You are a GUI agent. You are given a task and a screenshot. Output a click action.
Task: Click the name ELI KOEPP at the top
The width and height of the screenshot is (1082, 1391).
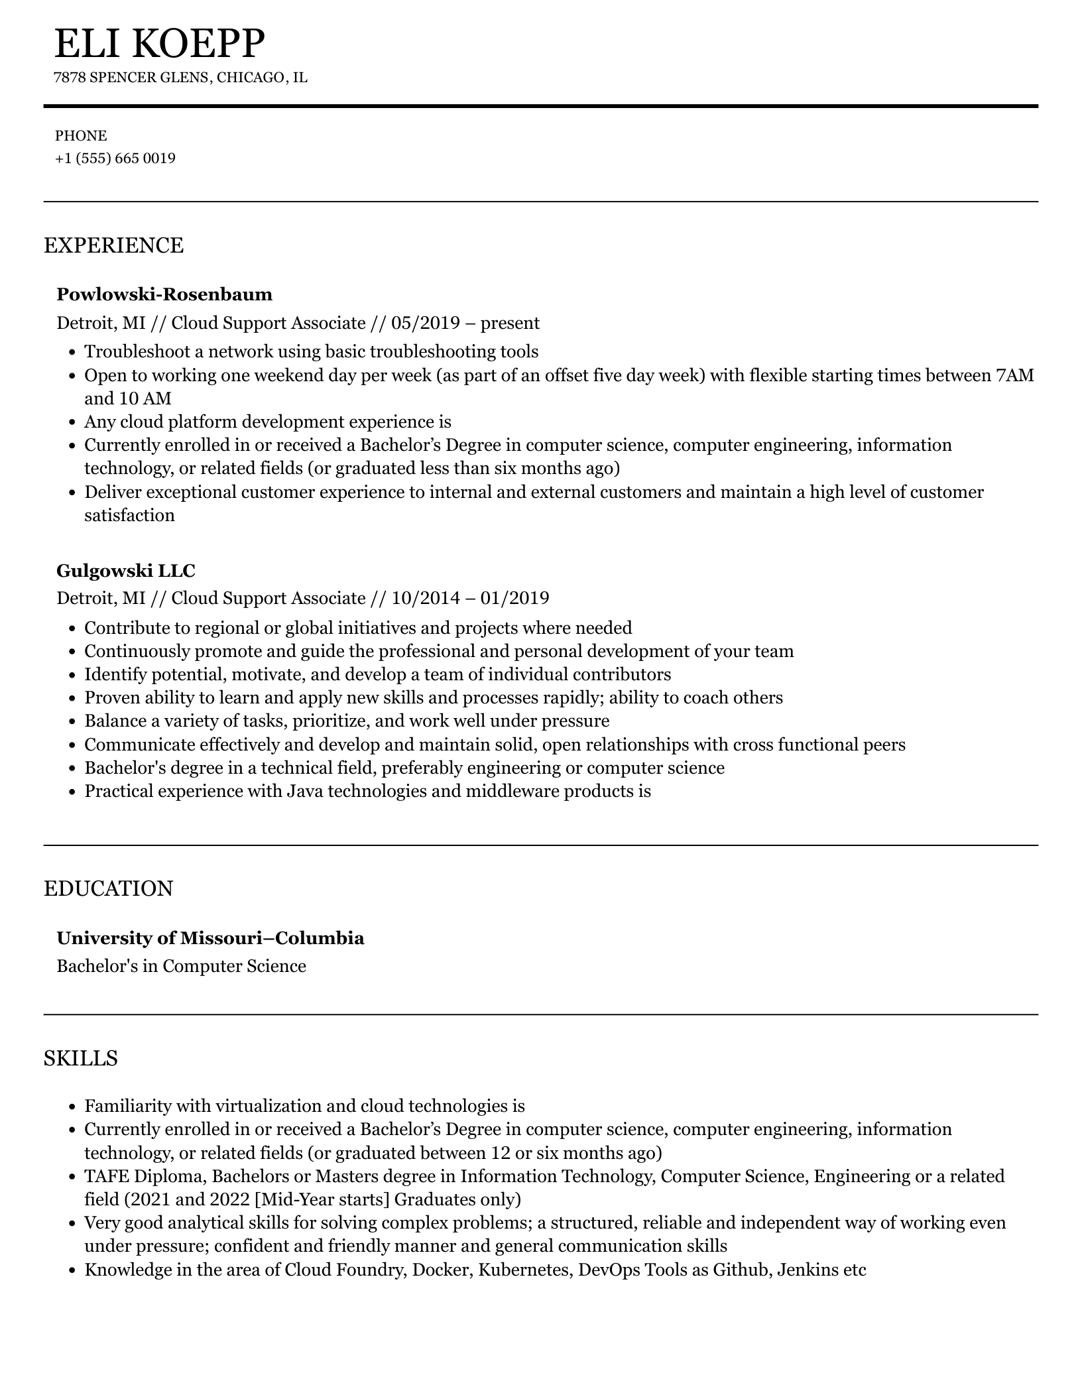click(159, 44)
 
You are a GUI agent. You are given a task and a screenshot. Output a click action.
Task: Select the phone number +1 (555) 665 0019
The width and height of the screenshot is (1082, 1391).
click(115, 158)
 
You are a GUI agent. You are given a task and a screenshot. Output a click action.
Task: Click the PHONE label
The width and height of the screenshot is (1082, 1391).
click(81, 136)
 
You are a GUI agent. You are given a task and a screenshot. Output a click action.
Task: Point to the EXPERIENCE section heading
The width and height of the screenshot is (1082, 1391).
click(113, 245)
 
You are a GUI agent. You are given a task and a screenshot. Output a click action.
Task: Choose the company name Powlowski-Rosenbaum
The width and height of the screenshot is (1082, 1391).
click(164, 294)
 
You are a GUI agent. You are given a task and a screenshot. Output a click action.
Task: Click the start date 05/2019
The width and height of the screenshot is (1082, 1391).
click(425, 323)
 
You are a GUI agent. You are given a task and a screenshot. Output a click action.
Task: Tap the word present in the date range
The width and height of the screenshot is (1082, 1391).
click(510, 323)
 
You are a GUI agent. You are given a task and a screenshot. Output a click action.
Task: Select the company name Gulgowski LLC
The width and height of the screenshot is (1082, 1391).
click(126, 570)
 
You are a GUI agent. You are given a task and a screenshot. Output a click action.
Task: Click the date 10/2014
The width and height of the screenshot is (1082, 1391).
click(425, 598)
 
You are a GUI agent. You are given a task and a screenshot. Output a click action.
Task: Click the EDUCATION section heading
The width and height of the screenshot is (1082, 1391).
click(108, 888)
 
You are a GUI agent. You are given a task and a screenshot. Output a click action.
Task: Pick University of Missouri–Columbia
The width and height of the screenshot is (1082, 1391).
click(210, 938)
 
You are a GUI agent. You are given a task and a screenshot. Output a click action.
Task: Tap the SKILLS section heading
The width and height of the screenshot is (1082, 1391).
click(80, 1058)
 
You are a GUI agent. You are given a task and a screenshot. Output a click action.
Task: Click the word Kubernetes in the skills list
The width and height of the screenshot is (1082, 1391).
click(524, 1270)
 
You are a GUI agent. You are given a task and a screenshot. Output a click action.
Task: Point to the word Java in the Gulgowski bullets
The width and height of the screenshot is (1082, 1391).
click(305, 791)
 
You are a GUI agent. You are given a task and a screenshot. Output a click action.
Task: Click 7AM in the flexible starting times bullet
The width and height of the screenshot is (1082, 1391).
click(1014, 375)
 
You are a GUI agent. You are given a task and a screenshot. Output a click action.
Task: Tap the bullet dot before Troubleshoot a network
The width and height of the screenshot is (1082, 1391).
click(73, 352)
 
